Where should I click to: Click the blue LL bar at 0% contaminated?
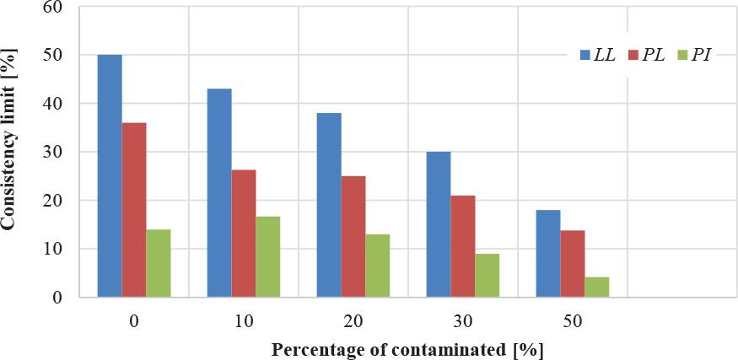(x=110, y=176)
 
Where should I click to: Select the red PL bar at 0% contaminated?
(x=134, y=210)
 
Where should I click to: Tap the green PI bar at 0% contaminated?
(x=159, y=263)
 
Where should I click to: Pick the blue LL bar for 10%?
(x=219, y=193)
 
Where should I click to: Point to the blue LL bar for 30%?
(x=439, y=224)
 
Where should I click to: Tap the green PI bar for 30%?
(x=488, y=276)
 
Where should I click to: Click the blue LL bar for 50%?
(x=548, y=254)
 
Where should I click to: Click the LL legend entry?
(x=598, y=56)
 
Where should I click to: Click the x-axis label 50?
(x=573, y=320)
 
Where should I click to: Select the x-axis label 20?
(x=353, y=320)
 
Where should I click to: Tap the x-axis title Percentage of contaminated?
(x=407, y=347)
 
